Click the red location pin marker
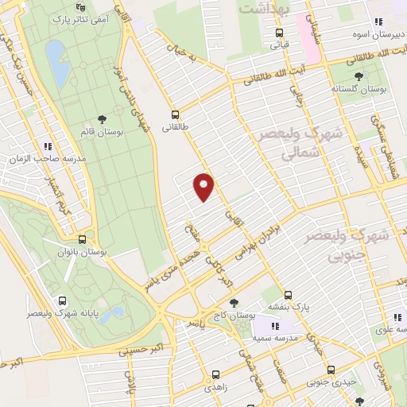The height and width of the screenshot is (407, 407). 204,186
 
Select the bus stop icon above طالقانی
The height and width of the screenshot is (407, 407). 174,114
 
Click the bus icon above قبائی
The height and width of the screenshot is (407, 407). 278,33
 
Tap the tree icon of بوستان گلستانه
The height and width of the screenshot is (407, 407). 359,76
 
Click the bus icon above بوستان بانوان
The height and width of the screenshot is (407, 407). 83,238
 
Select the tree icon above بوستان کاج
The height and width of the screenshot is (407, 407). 233,303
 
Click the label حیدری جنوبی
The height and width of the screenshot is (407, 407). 333,382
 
